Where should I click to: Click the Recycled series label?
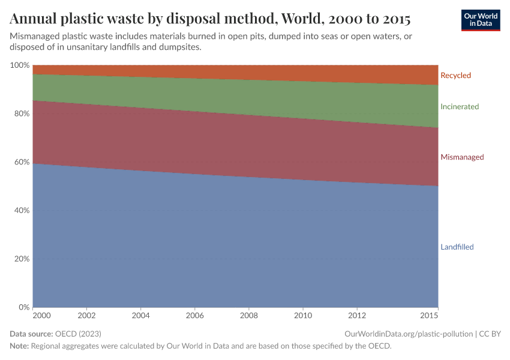point(455,76)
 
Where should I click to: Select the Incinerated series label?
point(460,107)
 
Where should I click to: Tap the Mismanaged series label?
point(462,157)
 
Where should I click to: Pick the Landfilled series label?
point(457,247)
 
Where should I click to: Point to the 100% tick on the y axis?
point(19,65)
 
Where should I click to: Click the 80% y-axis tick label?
point(21,113)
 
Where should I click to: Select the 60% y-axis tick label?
point(21,162)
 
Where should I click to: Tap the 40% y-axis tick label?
point(21,211)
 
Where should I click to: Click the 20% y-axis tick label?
point(21,259)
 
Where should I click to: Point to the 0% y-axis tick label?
point(23,307)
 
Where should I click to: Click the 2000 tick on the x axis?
point(42,316)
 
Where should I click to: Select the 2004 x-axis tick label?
point(140,316)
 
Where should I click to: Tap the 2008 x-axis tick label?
point(249,316)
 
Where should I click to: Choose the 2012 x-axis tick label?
point(357,316)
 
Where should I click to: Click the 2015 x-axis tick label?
point(429,316)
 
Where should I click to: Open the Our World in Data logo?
point(481,20)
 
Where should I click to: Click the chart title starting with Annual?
point(210,19)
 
